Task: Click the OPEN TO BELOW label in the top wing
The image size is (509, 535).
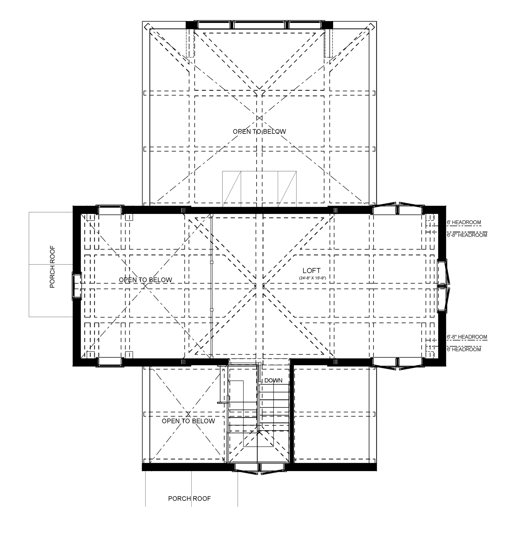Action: pyautogui.click(x=259, y=131)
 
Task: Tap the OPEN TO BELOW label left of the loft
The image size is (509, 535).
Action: pyautogui.click(x=146, y=280)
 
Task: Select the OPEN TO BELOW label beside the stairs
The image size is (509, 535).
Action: pyautogui.click(x=188, y=421)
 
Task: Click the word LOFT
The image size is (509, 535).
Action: pyautogui.click(x=312, y=270)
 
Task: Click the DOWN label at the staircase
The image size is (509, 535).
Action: pyautogui.click(x=273, y=380)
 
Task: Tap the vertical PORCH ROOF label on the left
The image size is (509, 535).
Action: pyautogui.click(x=52, y=267)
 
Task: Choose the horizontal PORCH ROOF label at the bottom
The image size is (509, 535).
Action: pyautogui.click(x=189, y=498)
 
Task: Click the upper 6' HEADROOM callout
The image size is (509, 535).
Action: pyautogui.click(x=464, y=222)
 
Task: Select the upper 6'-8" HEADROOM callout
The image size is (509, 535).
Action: pyautogui.click(x=467, y=235)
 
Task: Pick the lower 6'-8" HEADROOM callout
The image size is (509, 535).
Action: pyautogui.click(x=467, y=337)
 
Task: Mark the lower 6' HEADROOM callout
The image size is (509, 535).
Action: pyautogui.click(x=464, y=349)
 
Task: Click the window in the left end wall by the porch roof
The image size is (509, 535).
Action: pyautogui.click(x=76, y=286)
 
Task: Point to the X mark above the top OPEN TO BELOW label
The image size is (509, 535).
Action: pyautogui.click(x=259, y=118)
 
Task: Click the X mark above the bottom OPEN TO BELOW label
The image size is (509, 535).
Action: pyautogui.click(x=188, y=414)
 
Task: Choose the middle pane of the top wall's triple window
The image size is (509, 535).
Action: pyautogui.click(x=259, y=25)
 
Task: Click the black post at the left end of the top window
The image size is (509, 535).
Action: pyautogui.click(x=190, y=25)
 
